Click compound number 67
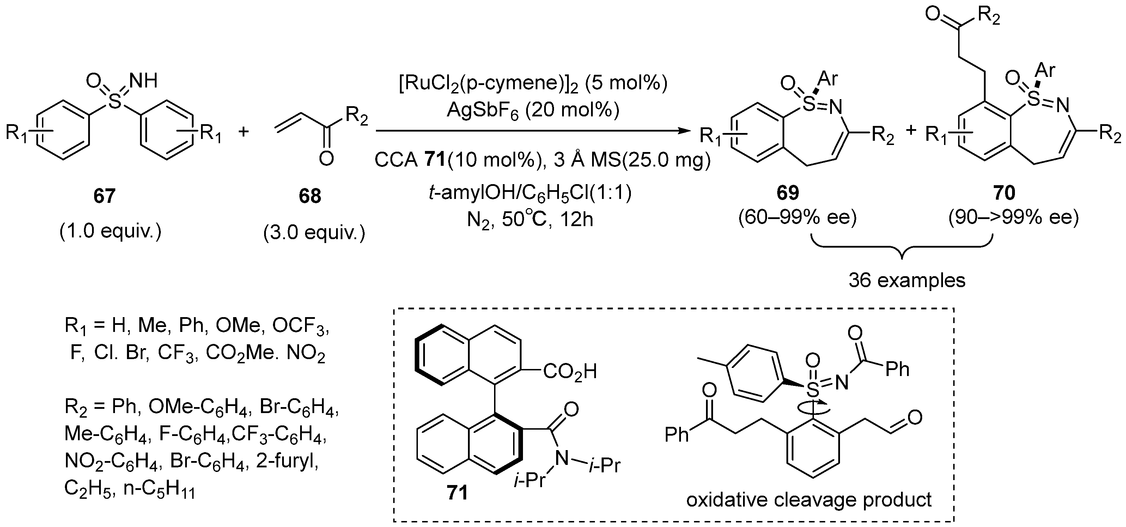[x=104, y=196]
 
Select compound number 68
[x=310, y=196]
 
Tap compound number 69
[x=788, y=193]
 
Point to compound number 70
[x=1004, y=193]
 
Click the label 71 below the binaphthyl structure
[x=456, y=493]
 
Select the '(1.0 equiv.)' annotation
[x=110, y=230]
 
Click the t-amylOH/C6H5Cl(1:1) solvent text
[x=530, y=193]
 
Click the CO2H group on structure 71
[x=570, y=372]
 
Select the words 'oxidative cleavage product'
[x=809, y=499]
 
